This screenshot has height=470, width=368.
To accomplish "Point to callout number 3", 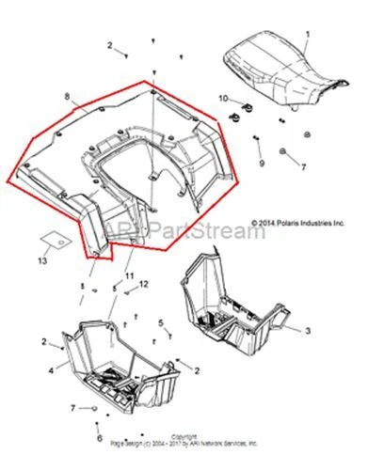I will (305, 331).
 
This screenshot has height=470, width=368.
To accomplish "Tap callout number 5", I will (161, 322).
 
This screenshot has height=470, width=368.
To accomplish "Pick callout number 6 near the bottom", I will (100, 437).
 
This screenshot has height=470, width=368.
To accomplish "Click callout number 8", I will (66, 97).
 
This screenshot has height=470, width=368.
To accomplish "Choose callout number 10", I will (223, 99).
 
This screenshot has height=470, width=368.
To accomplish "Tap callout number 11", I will (131, 274).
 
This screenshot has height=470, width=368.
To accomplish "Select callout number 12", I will (145, 283).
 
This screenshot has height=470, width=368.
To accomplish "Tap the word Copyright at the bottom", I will (184, 436).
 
